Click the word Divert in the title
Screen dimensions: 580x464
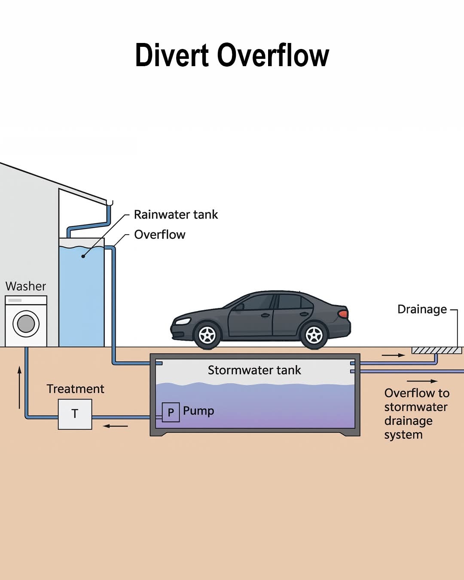(172, 55)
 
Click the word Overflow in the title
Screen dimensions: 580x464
(273, 55)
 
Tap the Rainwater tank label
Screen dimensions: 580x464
(176, 214)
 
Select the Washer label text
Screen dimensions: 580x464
(26, 286)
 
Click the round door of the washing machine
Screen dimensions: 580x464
(26, 324)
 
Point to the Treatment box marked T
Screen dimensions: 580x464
(75, 414)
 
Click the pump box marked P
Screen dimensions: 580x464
(171, 412)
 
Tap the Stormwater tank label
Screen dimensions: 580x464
(254, 370)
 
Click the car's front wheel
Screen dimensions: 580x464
(207, 335)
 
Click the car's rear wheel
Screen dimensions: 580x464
(314, 335)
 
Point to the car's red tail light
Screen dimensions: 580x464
(343, 314)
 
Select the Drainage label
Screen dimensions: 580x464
(422, 309)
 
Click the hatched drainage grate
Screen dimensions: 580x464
(437, 351)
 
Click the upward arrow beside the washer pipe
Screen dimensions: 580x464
(19, 387)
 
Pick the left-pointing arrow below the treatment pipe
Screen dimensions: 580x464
(115, 426)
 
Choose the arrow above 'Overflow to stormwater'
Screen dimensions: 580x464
(422, 381)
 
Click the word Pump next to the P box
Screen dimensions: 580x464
(198, 411)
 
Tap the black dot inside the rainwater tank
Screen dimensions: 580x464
(83, 256)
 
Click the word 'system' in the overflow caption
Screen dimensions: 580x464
(403, 435)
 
